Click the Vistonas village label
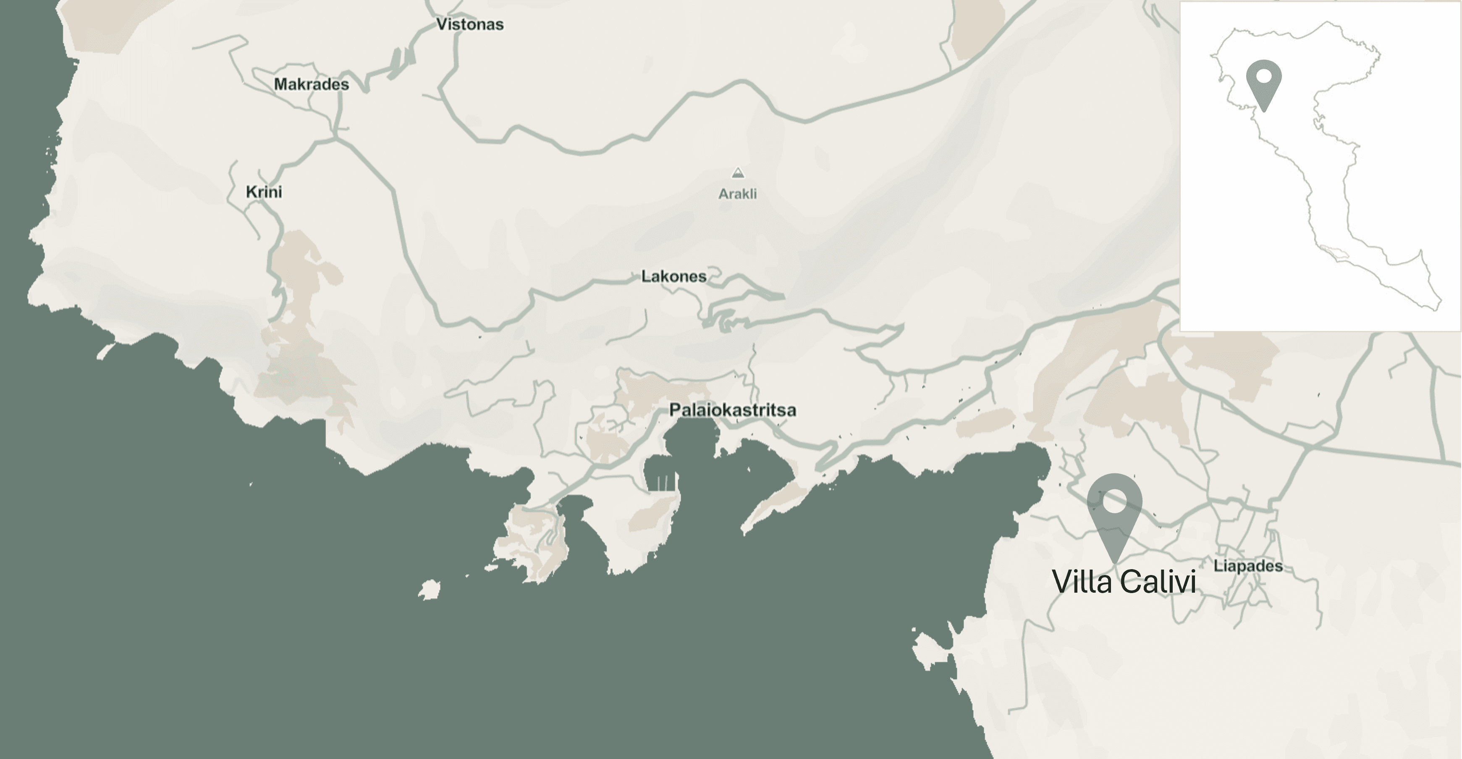coord(469,24)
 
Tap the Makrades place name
coord(311,84)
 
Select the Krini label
coord(264,192)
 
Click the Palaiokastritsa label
coord(732,410)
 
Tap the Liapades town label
coord(1248,566)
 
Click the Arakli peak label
coord(737,194)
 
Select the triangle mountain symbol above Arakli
coord(737,173)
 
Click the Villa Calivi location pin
coord(1114,517)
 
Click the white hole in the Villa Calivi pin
coord(1114,501)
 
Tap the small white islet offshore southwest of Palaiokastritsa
coord(430,589)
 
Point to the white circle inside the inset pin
coord(1264,76)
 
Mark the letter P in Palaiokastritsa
coord(675,410)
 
